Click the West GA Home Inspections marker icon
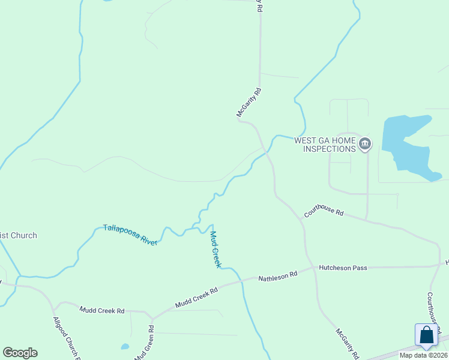tap(365, 144)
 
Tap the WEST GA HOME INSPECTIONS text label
tap(324, 145)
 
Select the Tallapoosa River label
tap(130, 234)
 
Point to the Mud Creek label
tap(216, 250)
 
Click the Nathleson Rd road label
tap(278, 277)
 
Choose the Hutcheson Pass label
tap(343, 268)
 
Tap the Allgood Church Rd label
tap(66, 340)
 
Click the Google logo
tap(20, 353)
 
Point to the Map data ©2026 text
tap(423, 355)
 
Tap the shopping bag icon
tap(427, 335)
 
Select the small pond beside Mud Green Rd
tap(125, 346)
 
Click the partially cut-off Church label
tap(18, 235)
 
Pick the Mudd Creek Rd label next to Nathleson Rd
tap(197, 296)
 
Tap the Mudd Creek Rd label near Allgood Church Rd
tap(101, 310)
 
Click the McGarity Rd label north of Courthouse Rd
tap(250, 102)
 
